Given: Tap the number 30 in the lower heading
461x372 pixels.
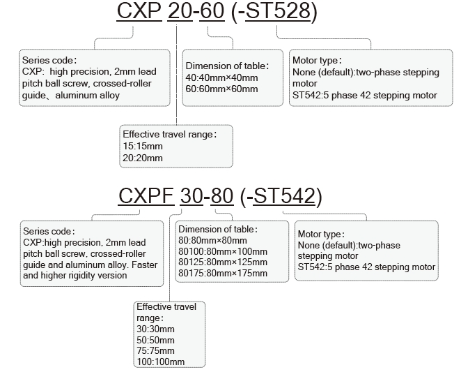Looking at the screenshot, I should (191, 196).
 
